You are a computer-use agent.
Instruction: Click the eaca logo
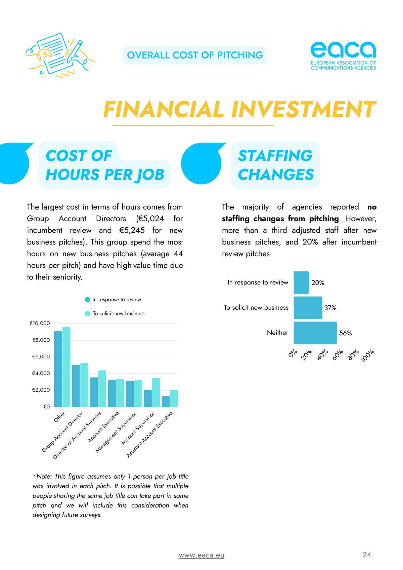343,55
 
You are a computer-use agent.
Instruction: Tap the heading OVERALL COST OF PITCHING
195,55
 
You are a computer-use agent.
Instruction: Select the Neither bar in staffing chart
315,333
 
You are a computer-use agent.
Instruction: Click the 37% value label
330,308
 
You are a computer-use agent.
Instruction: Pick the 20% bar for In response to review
301,282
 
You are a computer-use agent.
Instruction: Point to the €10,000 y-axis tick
40,323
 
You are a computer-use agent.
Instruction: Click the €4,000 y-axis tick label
41,373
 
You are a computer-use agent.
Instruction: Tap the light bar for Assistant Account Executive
174,398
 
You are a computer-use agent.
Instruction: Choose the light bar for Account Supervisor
156,392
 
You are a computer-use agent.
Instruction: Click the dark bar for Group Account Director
76,386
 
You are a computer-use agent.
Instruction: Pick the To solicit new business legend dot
88,313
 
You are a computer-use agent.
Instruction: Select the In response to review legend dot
88,300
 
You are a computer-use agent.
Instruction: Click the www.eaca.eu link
201,555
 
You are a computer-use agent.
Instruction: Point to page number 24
367,555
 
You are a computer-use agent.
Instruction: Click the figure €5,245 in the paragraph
132,230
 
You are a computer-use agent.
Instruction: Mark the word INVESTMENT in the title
304,109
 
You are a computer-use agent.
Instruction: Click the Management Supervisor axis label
116,432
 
